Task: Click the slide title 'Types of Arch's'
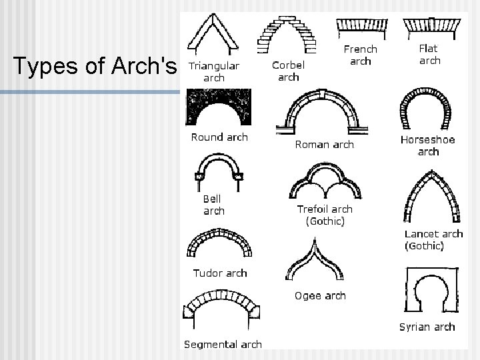95,66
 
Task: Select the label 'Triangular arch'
213,71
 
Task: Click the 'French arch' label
360,55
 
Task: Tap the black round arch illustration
219,107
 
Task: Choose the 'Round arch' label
219,137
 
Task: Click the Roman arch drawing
323,113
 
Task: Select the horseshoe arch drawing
427,110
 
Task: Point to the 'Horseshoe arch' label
427,145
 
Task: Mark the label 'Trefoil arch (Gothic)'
325,215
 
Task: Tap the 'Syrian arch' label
427,327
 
